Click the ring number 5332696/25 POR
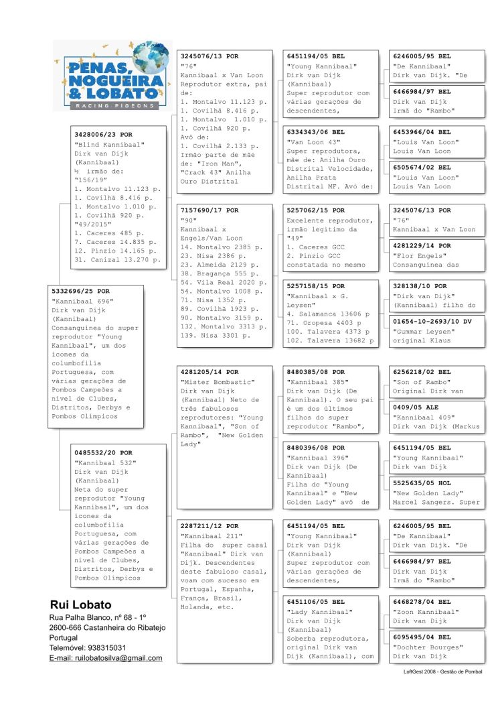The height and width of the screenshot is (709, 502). coord(81,292)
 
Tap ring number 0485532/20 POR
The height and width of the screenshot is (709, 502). coord(103,453)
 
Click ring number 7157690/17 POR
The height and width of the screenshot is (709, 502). coord(210,210)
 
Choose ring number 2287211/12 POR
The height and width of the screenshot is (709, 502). coord(210,526)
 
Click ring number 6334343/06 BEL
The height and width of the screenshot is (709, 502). coord(316,132)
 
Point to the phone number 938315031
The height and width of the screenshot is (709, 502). coord(103,647)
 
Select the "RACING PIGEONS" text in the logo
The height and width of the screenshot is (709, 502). coord(107,105)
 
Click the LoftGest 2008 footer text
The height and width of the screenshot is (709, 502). coord(442,671)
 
